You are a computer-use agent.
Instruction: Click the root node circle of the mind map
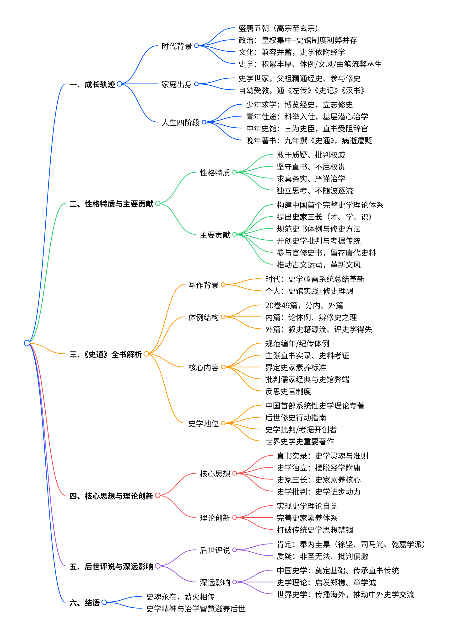click(x=27, y=343)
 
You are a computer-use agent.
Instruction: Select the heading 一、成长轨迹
click(x=92, y=84)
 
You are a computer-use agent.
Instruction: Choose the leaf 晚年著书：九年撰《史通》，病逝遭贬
click(x=309, y=140)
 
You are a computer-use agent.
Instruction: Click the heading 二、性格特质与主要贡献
click(x=111, y=204)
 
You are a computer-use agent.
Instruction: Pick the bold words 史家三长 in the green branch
click(x=307, y=217)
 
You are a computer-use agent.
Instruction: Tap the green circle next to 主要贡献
click(x=235, y=234)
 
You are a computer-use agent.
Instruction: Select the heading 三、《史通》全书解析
click(x=105, y=354)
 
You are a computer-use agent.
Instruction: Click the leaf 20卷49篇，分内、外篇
click(x=304, y=305)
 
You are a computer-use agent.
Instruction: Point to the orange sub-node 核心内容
click(x=203, y=367)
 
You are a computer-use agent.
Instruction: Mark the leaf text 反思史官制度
click(x=288, y=391)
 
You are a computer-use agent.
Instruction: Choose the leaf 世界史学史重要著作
click(x=299, y=441)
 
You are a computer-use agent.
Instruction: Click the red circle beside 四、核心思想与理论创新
click(x=158, y=496)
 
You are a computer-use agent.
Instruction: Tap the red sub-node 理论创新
click(x=215, y=518)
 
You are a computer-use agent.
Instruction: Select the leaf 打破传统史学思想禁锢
click(x=315, y=530)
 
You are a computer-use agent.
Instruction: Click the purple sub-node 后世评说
click(x=215, y=550)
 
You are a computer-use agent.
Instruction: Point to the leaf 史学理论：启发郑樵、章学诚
click(x=326, y=582)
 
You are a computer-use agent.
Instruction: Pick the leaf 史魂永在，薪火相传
click(x=180, y=597)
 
